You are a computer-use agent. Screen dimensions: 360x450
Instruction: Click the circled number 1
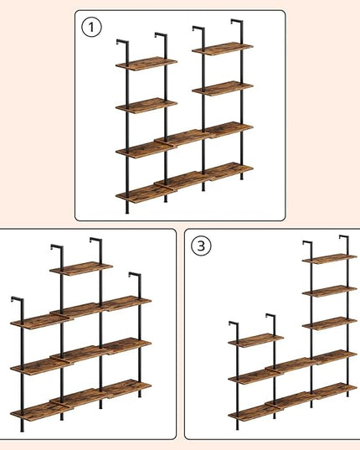(x=91, y=28)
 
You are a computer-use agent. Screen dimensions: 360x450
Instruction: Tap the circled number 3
(x=201, y=246)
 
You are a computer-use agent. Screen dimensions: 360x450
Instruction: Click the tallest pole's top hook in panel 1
(x=237, y=21)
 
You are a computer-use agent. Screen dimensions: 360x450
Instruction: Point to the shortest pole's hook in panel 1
(x=122, y=41)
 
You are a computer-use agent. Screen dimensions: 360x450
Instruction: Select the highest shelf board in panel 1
(x=223, y=49)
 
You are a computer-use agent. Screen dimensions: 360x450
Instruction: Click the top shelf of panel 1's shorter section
(x=147, y=64)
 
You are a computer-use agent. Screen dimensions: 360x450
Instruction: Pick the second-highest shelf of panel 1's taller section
(x=223, y=88)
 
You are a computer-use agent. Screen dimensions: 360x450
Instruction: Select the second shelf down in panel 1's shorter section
(x=147, y=106)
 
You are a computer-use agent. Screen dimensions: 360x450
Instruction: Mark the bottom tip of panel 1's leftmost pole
(x=127, y=213)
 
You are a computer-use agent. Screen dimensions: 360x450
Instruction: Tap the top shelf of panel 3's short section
(x=256, y=340)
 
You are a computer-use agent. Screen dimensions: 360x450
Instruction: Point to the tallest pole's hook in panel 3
(x=344, y=237)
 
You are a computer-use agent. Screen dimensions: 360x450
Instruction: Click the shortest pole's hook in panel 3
(x=234, y=323)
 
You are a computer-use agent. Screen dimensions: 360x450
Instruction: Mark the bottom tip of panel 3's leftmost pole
(x=237, y=429)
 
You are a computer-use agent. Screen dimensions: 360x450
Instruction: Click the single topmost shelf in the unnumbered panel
(x=81, y=269)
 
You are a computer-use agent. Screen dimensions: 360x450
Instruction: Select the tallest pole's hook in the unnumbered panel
(x=95, y=240)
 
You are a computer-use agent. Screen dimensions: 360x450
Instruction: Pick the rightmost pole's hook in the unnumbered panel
(x=135, y=275)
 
